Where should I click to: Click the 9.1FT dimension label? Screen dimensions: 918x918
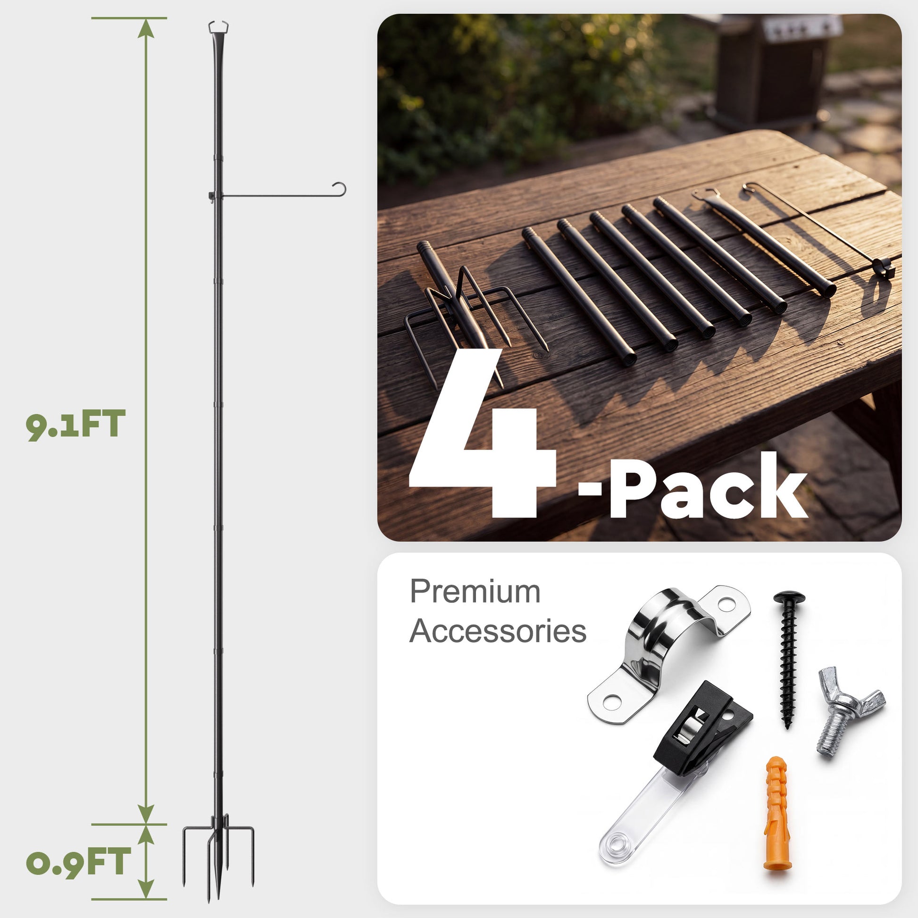tap(75, 425)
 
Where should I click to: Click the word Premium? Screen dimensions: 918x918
tap(475, 592)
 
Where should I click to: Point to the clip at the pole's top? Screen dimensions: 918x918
tap(218, 26)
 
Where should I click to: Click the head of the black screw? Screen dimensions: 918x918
tap(789, 597)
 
